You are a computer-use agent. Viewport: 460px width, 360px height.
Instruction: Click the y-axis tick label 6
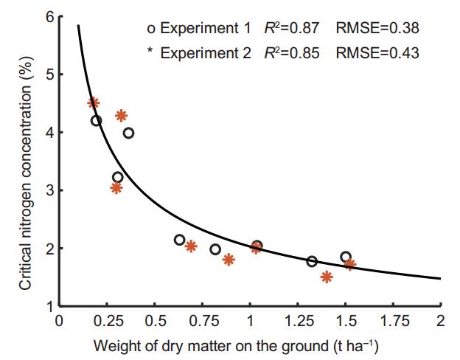(x=49, y=16)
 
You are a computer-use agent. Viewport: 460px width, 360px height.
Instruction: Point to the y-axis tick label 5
(x=49, y=75)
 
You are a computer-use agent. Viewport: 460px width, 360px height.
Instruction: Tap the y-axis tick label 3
(x=49, y=190)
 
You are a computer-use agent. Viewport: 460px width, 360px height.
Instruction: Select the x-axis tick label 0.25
(x=106, y=321)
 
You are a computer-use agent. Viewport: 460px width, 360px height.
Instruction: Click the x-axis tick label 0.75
(x=202, y=321)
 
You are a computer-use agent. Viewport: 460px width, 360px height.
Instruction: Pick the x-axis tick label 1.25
(x=297, y=321)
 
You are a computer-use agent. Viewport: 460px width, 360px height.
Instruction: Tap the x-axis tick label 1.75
(x=393, y=321)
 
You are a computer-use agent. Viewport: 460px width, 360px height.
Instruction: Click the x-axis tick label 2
(x=440, y=321)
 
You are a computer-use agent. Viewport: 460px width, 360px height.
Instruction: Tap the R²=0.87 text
(x=292, y=30)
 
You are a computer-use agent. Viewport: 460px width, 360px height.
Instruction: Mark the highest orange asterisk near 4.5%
(x=93, y=103)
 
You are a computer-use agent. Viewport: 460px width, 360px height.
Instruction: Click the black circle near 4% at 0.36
(x=128, y=133)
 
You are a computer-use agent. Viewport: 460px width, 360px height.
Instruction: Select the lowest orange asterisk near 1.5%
(x=327, y=277)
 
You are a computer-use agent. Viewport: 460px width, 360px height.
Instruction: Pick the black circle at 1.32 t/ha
(x=312, y=261)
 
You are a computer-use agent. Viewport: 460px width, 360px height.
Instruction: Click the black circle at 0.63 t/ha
(x=179, y=240)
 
